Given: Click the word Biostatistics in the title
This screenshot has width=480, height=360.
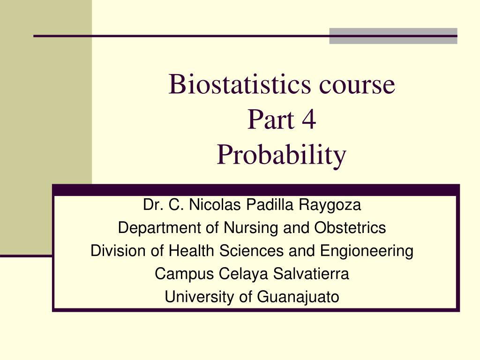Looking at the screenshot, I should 234,84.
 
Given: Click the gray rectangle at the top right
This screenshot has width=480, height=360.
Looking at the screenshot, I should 393,36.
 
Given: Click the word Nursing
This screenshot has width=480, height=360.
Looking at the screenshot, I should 244,228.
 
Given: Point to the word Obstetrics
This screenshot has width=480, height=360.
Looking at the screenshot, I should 350,228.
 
